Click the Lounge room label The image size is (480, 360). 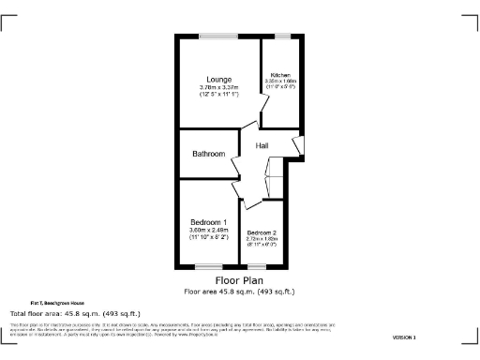220,80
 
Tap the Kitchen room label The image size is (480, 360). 281,75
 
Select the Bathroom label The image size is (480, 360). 208,154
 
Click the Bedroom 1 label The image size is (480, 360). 209,221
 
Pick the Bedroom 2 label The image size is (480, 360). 262,232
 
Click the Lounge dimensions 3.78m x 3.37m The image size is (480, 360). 220,88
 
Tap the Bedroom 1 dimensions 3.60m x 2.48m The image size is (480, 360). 209,230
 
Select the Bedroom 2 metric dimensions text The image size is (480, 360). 262,239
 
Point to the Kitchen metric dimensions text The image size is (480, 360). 281,82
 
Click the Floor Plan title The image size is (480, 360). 239,280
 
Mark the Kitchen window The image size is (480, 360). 282,36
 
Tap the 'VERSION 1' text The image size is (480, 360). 404,337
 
